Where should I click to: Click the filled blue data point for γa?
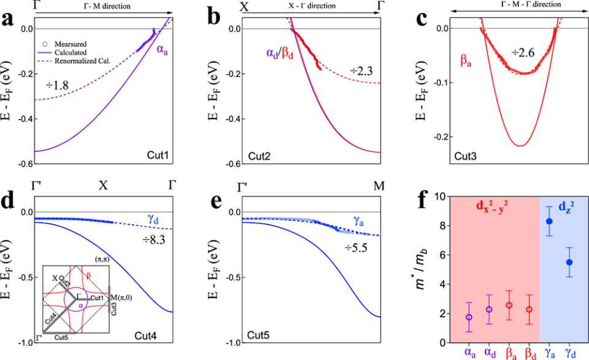(549, 221)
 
